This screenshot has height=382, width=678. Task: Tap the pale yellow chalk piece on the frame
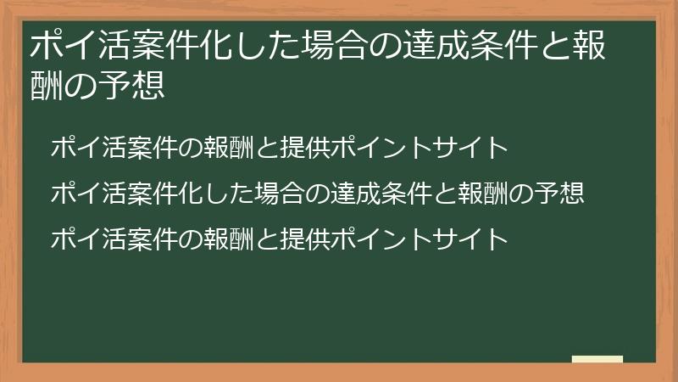(x=597, y=359)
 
